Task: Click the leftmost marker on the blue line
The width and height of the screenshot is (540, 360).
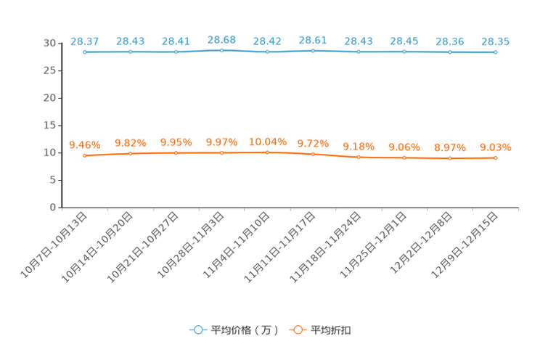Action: point(85,52)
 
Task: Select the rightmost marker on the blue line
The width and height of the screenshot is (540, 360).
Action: point(496,52)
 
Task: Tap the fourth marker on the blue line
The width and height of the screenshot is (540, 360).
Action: point(221,50)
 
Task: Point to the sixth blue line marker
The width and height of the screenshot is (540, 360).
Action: point(313,51)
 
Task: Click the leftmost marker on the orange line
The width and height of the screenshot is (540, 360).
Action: point(85,155)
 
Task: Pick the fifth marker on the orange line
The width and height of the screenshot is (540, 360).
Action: point(267,152)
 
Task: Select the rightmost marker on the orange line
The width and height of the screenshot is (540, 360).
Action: point(496,157)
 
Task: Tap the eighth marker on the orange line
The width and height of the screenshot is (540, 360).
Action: point(404,157)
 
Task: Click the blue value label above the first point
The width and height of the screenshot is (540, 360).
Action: point(84,41)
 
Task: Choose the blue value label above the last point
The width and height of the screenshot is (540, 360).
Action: point(496,41)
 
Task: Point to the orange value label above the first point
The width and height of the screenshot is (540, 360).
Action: point(84,144)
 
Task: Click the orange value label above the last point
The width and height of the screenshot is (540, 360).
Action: point(496,147)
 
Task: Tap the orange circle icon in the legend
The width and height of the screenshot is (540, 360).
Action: point(297,330)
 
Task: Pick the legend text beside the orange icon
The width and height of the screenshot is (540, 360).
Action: point(331,330)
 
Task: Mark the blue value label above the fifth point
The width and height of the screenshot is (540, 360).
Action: point(267,41)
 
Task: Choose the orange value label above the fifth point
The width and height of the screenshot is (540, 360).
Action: point(267,142)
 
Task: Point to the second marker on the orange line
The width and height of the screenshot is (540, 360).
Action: point(131,154)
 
